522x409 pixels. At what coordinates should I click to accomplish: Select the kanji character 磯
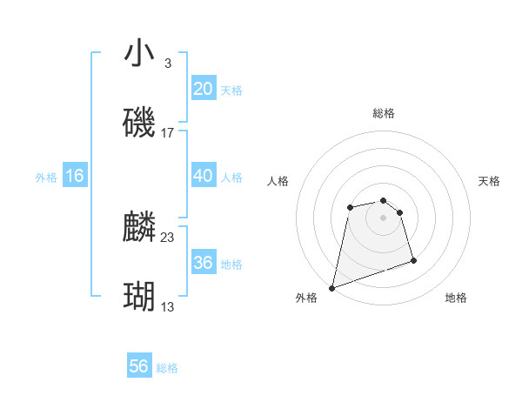[x=139, y=123]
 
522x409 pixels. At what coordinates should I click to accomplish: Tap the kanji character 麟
[x=139, y=227]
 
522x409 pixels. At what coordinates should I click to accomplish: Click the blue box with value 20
[x=204, y=89]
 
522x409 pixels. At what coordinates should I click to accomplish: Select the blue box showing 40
[x=204, y=176]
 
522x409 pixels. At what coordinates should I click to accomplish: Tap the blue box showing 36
[x=204, y=263]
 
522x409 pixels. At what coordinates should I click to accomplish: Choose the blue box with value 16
[x=75, y=176]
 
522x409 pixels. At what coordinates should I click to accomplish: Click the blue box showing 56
[x=139, y=366]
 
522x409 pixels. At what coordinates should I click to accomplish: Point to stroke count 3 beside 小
[x=167, y=64]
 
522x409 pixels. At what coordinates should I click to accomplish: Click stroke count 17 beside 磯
[x=168, y=133]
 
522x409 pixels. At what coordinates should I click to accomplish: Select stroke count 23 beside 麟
[x=168, y=237]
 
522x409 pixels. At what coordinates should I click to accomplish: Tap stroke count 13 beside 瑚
[x=168, y=307]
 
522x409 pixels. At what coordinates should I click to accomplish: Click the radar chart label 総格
[x=384, y=113]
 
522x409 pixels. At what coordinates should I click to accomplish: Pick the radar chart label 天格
[x=489, y=181]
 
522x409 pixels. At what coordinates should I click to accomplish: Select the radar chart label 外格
[x=306, y=298]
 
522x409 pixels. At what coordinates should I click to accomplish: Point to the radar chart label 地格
[x=456, y=298]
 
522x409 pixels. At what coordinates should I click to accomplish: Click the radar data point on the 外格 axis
[x=331, y=287]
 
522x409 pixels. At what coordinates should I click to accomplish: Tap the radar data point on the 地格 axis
[x=413, y=260]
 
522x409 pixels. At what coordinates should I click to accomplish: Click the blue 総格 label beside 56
[x=167, y=368]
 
